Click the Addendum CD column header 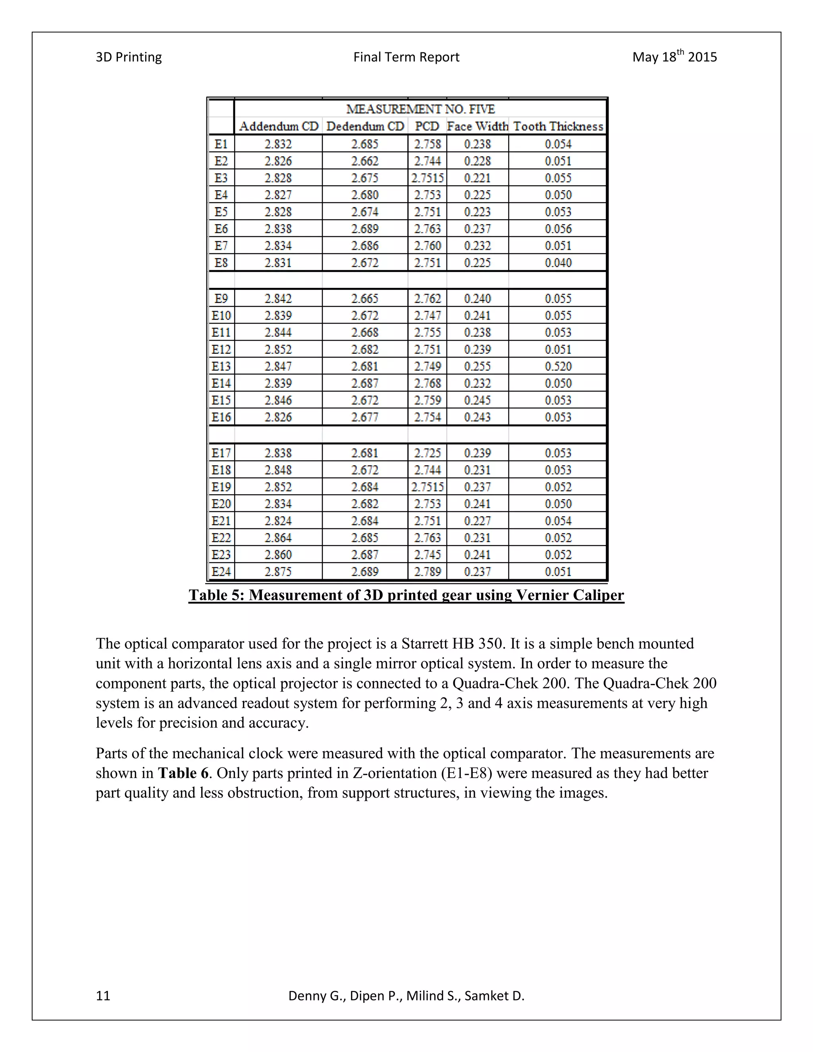click(278, 126)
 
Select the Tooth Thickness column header click(558, 126)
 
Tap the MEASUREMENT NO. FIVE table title click(420, 109)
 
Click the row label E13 click(221, 366)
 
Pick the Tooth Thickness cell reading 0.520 click(558, 366)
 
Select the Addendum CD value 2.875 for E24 click(278, 571)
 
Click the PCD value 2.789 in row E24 click(427, 571)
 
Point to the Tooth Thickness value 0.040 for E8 click(558, 262)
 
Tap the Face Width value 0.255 click(477, 366)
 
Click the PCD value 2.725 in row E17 click(427, 453)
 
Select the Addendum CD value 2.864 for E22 click(278, 538)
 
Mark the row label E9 click(221, 299)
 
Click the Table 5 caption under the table click(406, 595)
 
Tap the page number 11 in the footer click(103, 996)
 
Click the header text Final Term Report click(406, 57)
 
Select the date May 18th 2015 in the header click(674, 57)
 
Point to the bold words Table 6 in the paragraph click(183, 773)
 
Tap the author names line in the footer click(406, 996)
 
